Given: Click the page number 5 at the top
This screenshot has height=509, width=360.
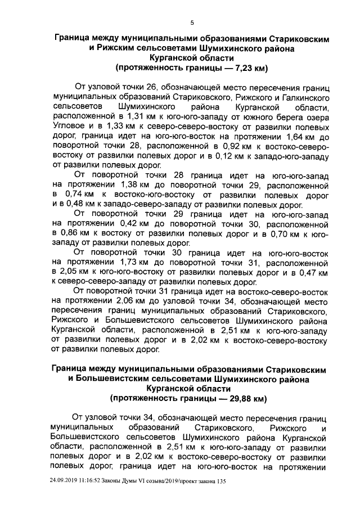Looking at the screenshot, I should pos(192,22).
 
